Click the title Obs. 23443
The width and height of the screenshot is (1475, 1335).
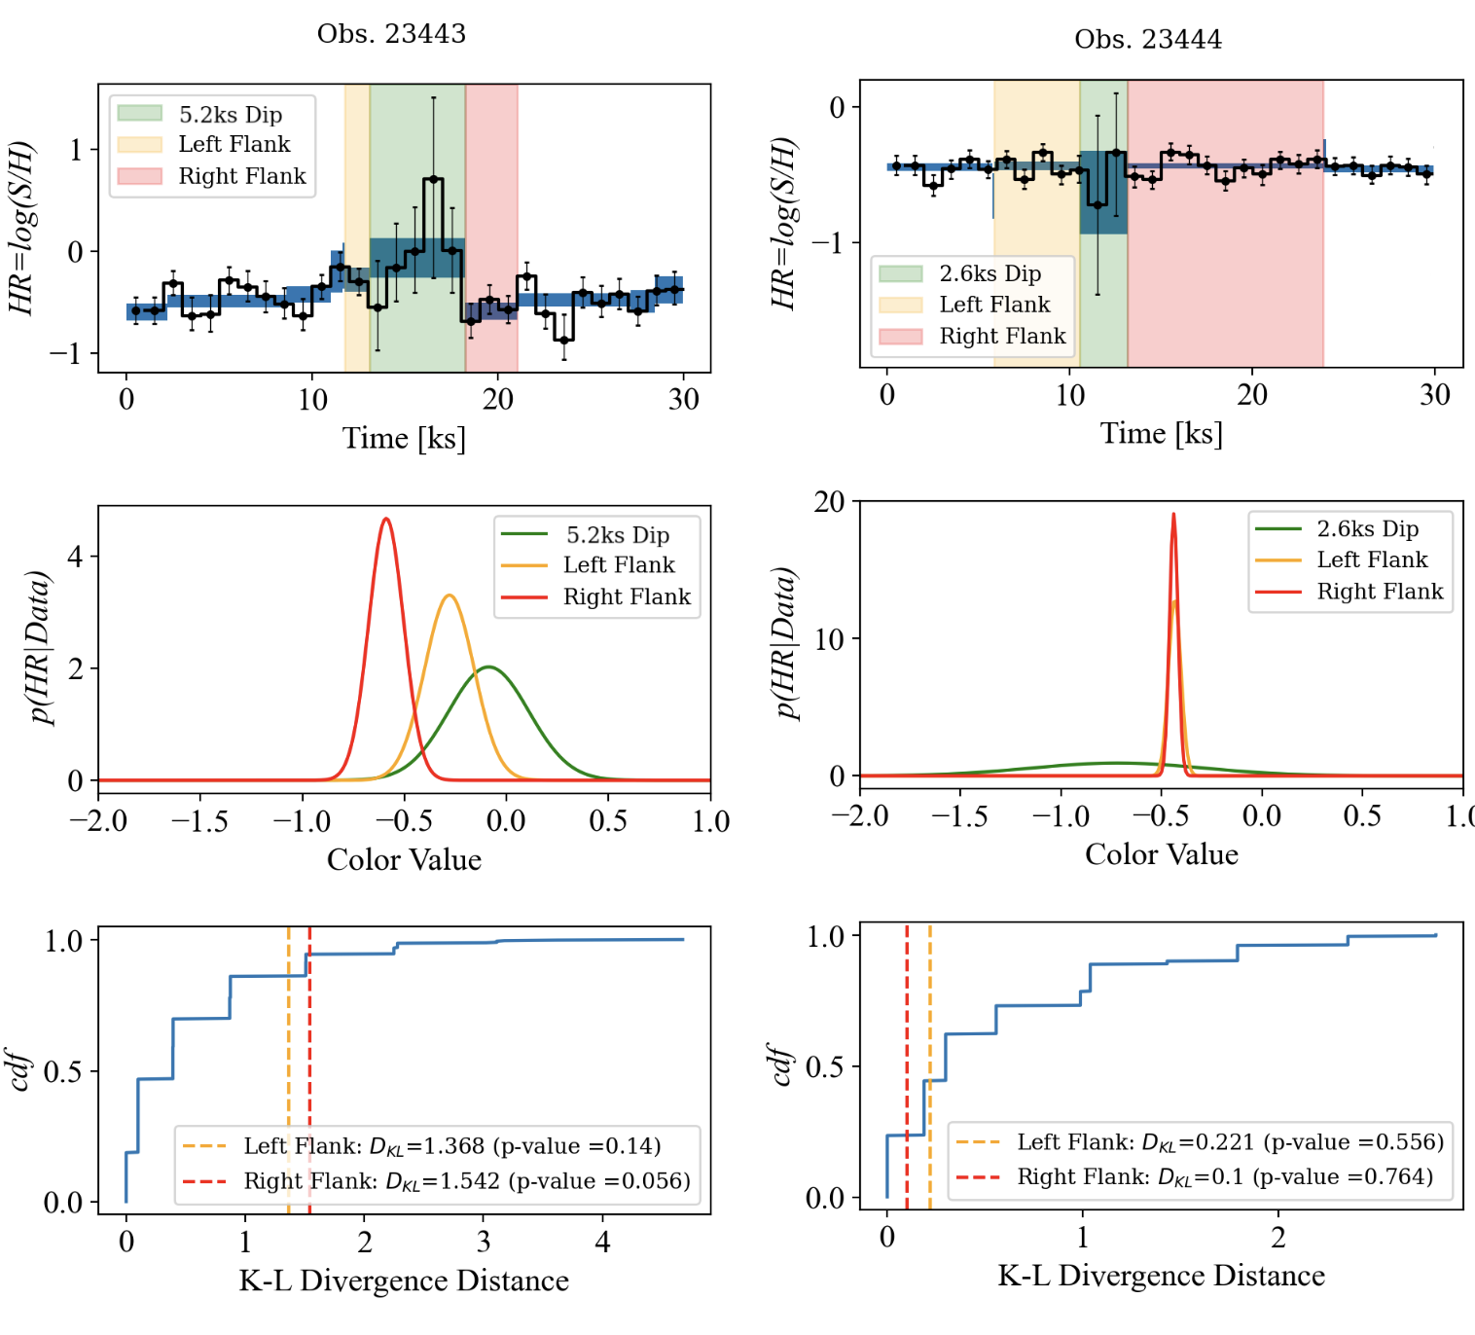click(x=391, y=34)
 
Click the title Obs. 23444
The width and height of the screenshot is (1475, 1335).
click(x=1148, y=40)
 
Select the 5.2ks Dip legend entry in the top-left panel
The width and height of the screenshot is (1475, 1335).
click(x=230, y=115)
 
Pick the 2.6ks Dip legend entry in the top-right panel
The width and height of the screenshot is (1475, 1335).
click(x=989, y=273)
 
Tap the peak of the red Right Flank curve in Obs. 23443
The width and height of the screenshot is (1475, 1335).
click(x=387, y=519)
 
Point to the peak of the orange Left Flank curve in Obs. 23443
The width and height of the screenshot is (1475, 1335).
click(x=449, y=595)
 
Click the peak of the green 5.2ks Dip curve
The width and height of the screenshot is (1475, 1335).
click(x=488, y=667)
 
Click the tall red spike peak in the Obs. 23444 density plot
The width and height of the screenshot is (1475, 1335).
click(x=1173, y=515)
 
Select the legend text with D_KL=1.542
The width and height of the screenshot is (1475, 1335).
click(x=467, y=1181)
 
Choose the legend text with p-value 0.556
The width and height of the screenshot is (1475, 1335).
click(x=1230, y=1142)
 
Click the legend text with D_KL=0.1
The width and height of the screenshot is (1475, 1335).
click(x=1225, y=1177)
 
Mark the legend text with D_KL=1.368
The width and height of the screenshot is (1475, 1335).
click(x=452, y=1146)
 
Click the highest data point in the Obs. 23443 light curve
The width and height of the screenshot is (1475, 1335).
click(x=434, y=179)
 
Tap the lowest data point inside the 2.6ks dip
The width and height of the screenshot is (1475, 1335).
click(x=1098, y=205)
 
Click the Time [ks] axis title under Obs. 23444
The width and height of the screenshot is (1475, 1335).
click(x=1161, y=433)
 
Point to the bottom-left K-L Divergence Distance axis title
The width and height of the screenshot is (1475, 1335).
click(x=404, y=1281)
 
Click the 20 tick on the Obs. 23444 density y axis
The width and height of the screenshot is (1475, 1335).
click(x=829, y=502)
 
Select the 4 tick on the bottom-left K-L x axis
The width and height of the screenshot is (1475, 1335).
click(x=602, y=1243)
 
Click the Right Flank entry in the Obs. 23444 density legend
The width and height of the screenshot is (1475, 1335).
click(x=1380, y=592)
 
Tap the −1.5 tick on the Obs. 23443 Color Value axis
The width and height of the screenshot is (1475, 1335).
click(x=199, y=821)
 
